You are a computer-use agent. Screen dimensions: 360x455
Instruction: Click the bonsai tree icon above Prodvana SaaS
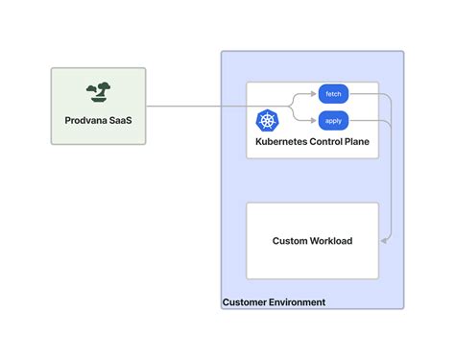coord(97,92)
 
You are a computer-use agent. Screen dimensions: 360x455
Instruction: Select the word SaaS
coord(123,121)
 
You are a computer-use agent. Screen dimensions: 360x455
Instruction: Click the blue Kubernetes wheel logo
coord(267,122)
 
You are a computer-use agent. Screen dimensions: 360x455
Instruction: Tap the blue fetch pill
coord(333,94)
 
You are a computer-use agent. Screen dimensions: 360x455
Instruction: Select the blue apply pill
coord(333,121)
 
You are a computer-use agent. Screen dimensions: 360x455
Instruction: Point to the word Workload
coord(331,241)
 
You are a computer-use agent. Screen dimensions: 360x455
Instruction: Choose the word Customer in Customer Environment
coord(246,302)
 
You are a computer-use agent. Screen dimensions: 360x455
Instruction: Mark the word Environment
coord(298,302)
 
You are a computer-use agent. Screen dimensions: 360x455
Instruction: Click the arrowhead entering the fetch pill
coord(315,94)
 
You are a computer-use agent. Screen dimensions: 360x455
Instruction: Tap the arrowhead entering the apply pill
coord(315,121)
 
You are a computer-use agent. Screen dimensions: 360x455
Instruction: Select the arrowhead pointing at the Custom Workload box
coord(383,241)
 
